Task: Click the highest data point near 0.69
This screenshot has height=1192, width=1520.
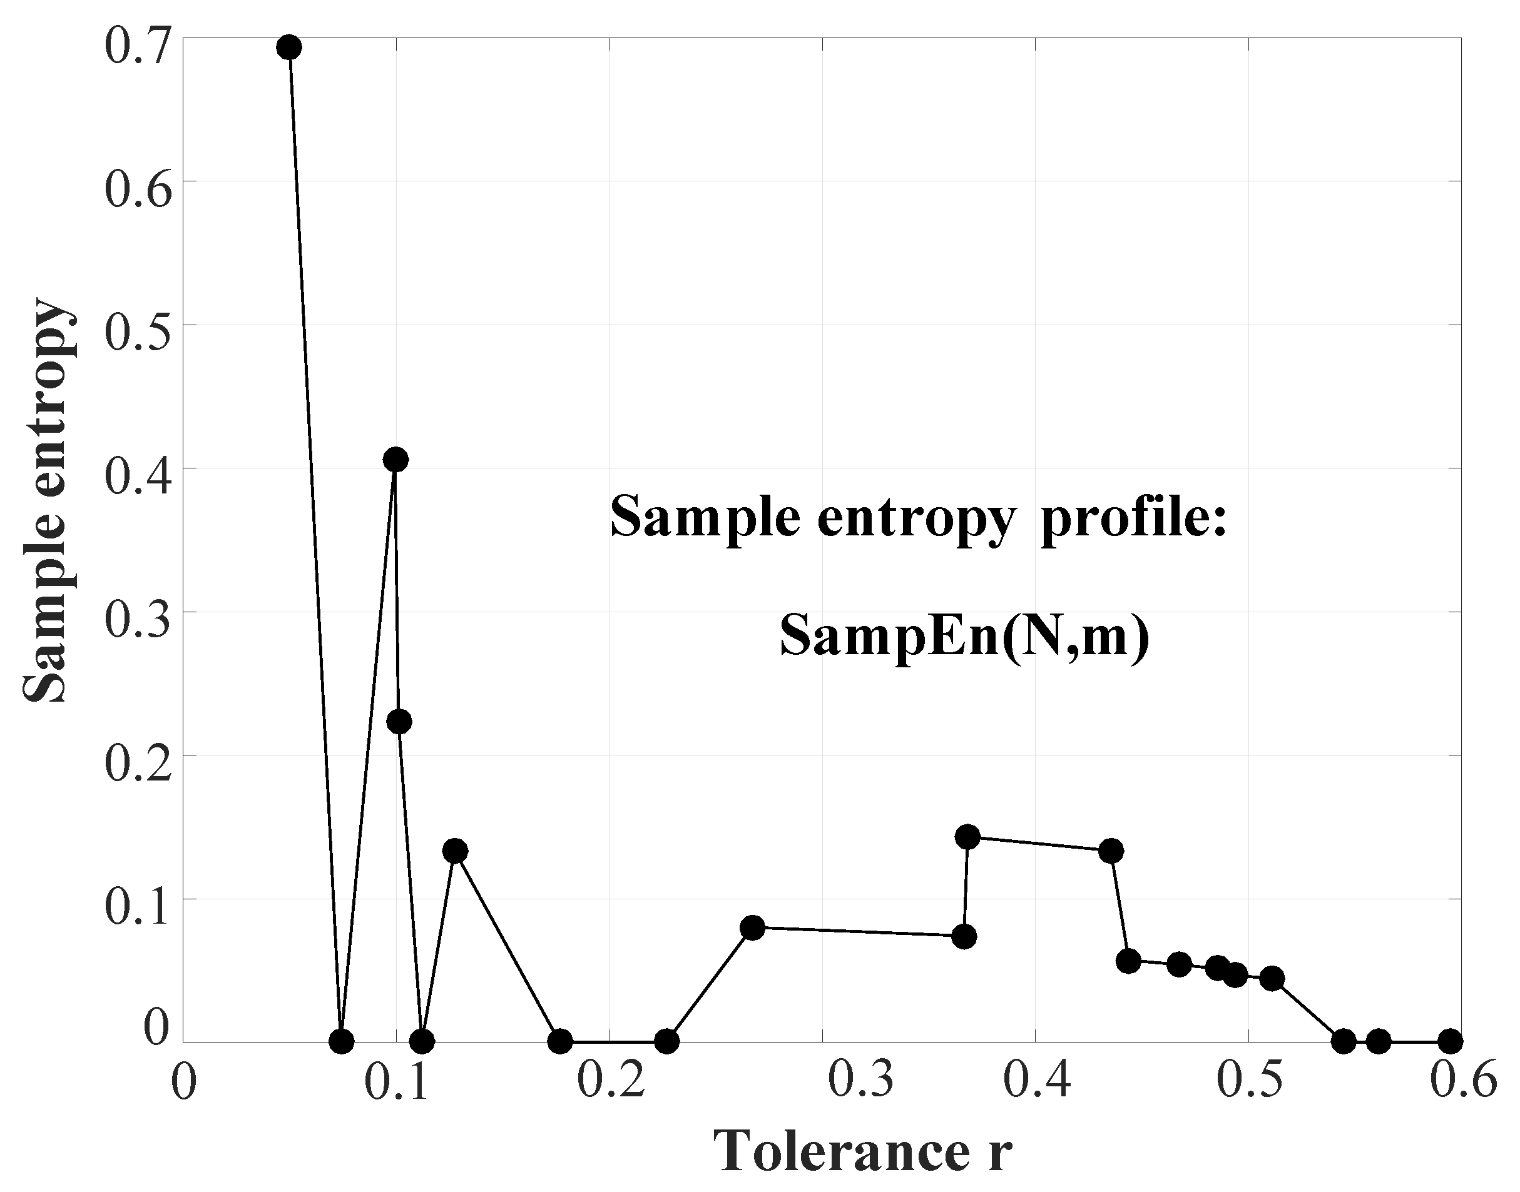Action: click(289, 48)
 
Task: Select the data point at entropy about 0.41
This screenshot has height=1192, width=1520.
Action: click(395, 459)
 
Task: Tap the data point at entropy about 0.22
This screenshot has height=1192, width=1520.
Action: click(399, 721)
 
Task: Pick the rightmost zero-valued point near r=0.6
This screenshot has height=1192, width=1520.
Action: click(1451, 1041)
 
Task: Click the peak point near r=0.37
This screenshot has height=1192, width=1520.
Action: click(967, 836)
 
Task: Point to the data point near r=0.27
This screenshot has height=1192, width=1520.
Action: click(752, 927)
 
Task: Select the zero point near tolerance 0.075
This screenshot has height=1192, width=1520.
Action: click(340, 1041)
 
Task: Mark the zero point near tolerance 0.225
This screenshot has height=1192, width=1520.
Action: click(667, 1041)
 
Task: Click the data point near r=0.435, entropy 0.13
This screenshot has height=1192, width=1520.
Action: click(1111, 851)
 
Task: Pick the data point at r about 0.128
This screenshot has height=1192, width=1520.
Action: click(454, 851)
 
